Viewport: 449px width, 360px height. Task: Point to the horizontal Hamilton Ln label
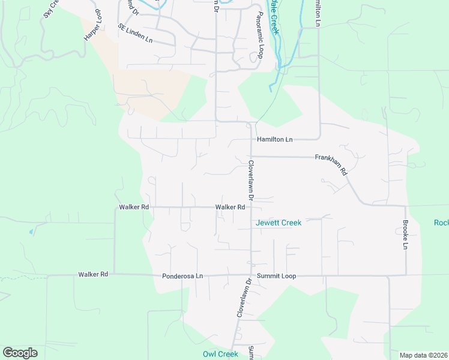pyautogui.click(x=274, y=139)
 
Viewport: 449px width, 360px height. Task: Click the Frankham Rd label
pyautogui.click(x=331, y=164)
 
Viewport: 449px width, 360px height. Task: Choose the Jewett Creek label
pyautogui.click(x=278, y=223)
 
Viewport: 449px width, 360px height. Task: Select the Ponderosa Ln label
pyautogui.click(x=182, y=276)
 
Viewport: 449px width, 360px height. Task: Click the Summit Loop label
pyautogui.click(x=277, y=276)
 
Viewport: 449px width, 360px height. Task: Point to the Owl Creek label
pyautogui.click(x=220, y=354)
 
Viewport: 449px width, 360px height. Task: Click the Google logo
pyautogui.click(x=20, y=353)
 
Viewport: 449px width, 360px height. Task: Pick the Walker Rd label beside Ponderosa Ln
pyautogui.click(x=92, y=274)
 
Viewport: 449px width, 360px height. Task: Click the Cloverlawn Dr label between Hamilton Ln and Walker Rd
pyautogui.click(x=251, y=179)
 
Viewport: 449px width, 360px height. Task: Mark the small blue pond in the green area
pyautogui.click(x=31, y=231)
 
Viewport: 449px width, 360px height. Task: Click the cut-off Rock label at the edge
pyautogui.click(x=441, y=223)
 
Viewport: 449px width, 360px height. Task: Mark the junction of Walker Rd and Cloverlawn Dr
pyautogui.click(x=251, y=207)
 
